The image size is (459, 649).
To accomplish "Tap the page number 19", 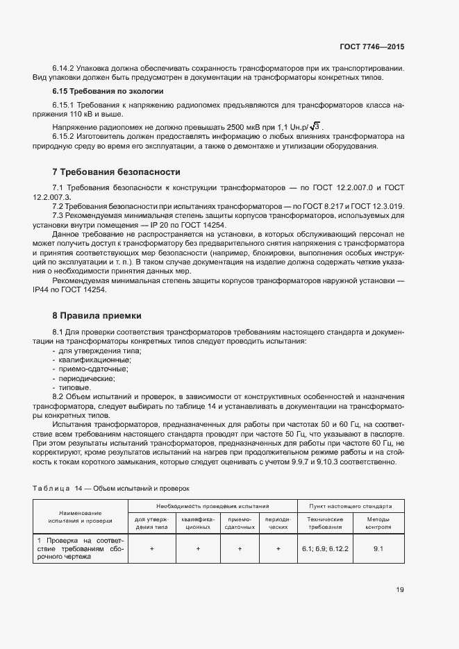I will point(400,590).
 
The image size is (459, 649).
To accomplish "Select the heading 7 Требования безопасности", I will point(117,171).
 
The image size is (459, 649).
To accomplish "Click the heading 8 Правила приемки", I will point(99,315).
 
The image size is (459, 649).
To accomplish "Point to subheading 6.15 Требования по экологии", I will point(108,91).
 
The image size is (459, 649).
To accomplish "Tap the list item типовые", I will point(74,387).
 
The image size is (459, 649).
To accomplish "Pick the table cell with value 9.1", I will point(378,548).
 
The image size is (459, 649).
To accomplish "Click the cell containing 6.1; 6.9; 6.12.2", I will point(325,548).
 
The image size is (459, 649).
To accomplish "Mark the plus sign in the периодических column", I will point(278,548).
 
